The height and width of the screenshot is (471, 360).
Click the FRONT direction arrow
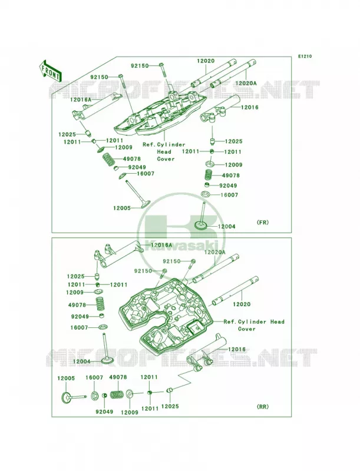click(49, 71)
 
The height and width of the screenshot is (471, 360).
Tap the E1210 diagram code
click(305, 56)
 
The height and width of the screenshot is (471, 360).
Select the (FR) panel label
click(263, 223)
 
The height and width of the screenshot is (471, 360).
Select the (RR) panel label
click(263, 407)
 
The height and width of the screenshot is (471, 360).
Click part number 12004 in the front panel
click(227, 227)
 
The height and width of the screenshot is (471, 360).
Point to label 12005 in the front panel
click(122, 208)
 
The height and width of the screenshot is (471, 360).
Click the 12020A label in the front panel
click(246, 83)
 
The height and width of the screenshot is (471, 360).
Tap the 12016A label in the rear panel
click(161, 245)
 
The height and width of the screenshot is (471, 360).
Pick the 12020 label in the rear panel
click(242, 304)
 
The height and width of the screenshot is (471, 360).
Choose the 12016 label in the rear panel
click(237, 349)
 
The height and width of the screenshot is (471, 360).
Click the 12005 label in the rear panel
click(66, 379)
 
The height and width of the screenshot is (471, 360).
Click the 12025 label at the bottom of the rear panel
click(170, 406)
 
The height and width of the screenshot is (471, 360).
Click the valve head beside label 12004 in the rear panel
click(107, 360)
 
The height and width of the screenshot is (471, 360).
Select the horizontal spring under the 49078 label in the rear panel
click(117, 394)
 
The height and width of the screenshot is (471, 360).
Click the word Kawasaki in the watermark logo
click(183, 243)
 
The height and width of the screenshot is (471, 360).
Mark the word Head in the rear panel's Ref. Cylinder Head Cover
click(277, 321)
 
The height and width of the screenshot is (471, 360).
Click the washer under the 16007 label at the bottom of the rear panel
click(94, 396)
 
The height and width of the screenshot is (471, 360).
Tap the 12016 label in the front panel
click(249, 107)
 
